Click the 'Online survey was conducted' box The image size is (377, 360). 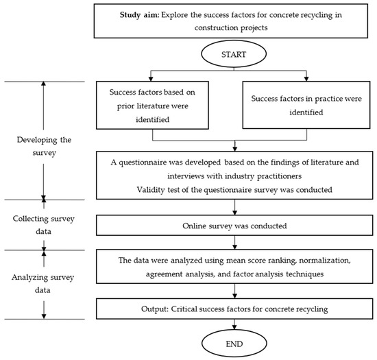tap(235, 224)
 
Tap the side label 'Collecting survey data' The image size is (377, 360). tap(45, 225)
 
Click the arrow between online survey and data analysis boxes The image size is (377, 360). tap(235, 243)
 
